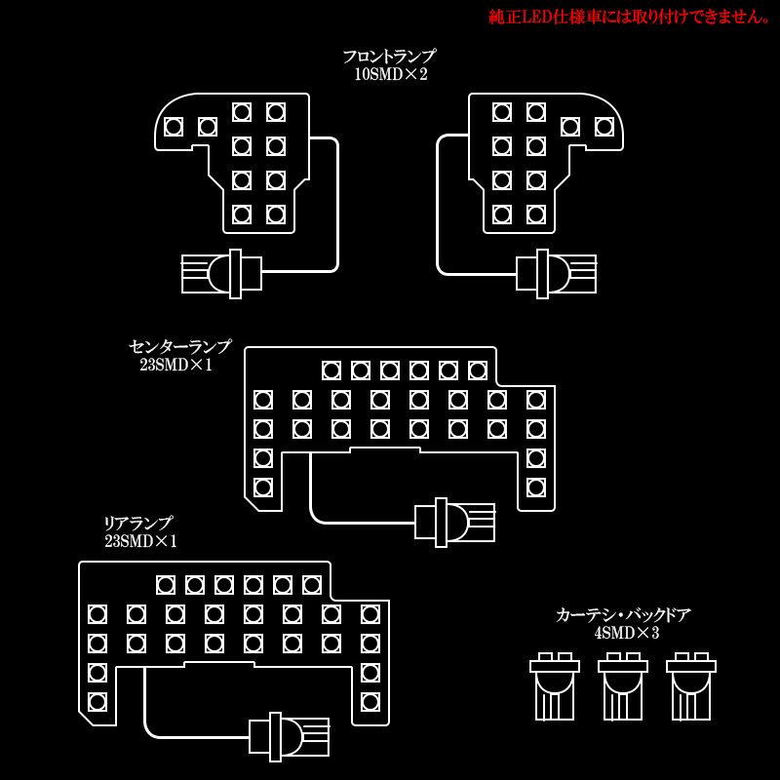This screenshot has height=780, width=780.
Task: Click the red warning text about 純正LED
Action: (x=629, y=17)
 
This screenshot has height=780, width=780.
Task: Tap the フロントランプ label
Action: (x=389, y=57)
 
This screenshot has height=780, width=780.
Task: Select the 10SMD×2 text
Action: (x=391, y=75)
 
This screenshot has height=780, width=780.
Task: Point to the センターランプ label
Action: (x=180, y=346)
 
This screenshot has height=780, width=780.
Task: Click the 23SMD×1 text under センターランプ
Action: (x=176, y=365)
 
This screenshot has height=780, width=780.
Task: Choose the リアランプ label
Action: (x=137, y=523)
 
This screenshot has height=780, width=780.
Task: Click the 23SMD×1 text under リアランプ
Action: (x=140, y=541)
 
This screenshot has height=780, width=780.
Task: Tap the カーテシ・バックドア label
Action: (x=623, y=615)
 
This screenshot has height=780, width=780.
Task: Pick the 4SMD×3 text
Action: (x=626, y=633)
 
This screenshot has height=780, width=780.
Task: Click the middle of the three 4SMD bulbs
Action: (x=623, y=686)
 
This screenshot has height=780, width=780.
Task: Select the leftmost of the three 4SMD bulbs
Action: (x=555, y=686)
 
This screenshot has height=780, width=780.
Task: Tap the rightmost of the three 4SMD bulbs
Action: (x=691, y=686)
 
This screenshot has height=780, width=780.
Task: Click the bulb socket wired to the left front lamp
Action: (x=222, y=274)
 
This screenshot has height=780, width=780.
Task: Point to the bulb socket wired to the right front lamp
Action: (x=556, y=274)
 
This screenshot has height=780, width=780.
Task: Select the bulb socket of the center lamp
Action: (x=454, y=523)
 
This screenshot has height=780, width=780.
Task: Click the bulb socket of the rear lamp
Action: (x=289, y=736)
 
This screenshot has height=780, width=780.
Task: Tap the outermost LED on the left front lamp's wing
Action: (x=174, y=127)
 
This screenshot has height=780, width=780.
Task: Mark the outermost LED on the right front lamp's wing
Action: (x=604, y=127)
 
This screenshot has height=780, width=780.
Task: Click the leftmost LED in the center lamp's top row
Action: (x=331, y=370)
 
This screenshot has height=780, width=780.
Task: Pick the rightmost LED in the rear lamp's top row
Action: (x=312, y=585)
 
